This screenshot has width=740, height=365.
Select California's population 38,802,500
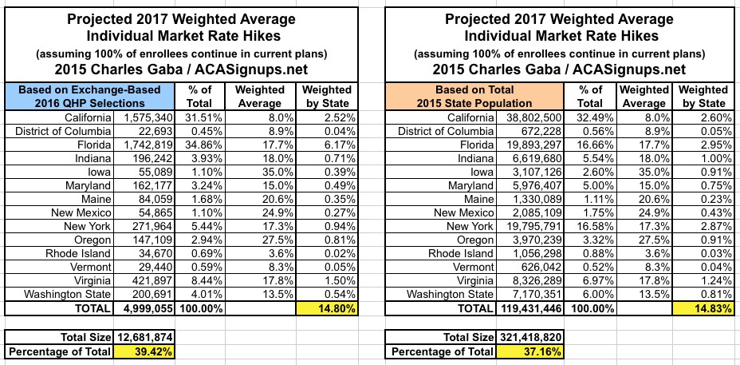pos(530,117)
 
